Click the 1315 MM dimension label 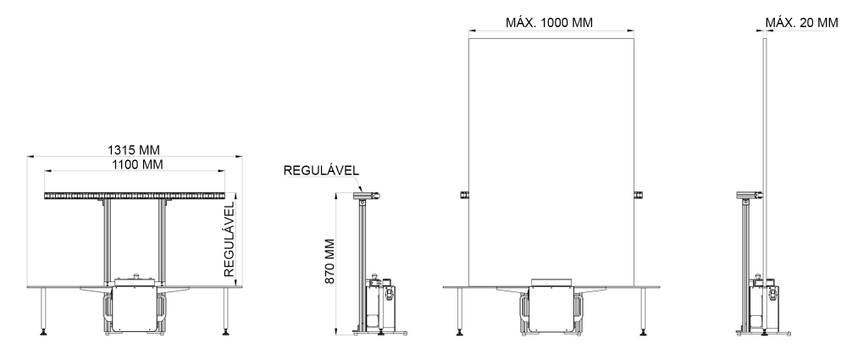tap(134, 150)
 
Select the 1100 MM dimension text tap(137, 164)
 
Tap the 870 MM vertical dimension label tap(330, 262)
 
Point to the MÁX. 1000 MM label tap(549, 23)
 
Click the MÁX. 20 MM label tap(801, 23)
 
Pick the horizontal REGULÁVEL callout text tap(321, 171)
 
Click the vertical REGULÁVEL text tap(230, 240)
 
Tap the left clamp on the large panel tap(464, 195)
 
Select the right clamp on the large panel tap(638, 195)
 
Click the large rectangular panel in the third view tap(551, 162)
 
